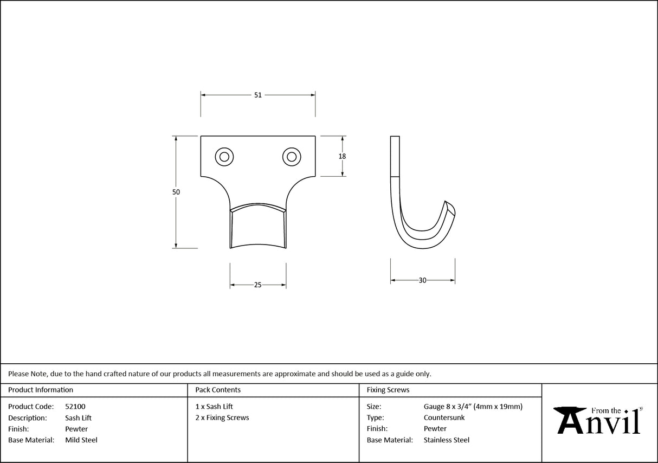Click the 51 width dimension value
pos(258,95)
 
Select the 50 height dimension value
pos(176,192)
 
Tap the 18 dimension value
pos(342,156)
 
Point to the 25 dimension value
pos(258,285)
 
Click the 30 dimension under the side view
pos(423,280)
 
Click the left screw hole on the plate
pos(224,157)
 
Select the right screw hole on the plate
pos(292,157)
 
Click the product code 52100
pos(75,406)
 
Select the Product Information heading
pos(41,390)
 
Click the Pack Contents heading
pos(218,390)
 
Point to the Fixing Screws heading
pos(388,390)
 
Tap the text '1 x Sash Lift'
pos(214,406)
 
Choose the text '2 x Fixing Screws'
pos(222,417)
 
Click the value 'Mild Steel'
pos(81,440)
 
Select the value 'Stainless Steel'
pos(447,440)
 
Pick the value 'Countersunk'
pos(444,417)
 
